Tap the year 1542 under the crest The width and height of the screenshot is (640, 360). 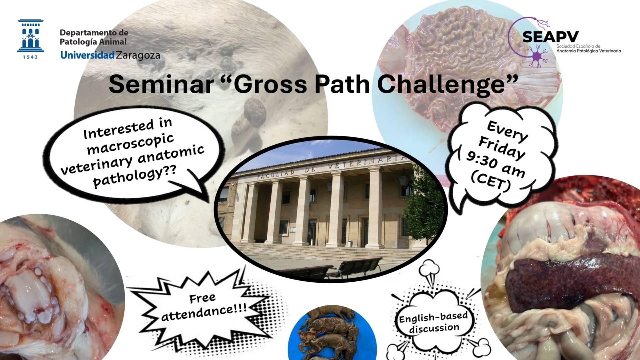(31, 57)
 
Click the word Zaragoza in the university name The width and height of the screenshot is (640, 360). (138, 55)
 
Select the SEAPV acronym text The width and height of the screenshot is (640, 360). (550, 37)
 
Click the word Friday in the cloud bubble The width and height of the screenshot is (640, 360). (501, 148)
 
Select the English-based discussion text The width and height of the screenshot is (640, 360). (434, 322)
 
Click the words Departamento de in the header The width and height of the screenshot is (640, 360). (94, 33)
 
